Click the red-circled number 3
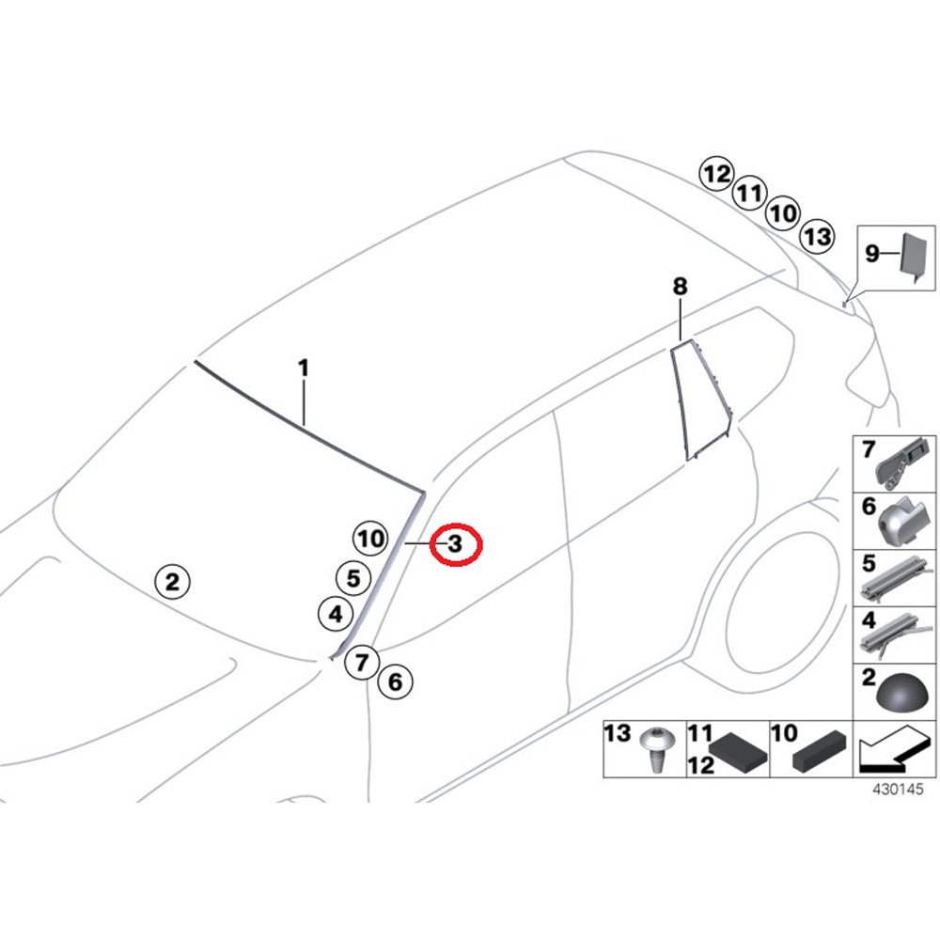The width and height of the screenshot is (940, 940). [456, 543]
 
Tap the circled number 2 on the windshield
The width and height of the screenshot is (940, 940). [171, 582]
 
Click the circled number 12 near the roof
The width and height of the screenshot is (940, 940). [715, 174]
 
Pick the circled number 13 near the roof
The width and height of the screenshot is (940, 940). [818, 236]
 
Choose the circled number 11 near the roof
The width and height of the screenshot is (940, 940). [748, 195]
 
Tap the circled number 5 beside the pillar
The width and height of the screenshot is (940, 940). [352, 578]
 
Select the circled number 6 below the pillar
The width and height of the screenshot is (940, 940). [395, 681]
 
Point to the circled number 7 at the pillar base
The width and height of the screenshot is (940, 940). [361, 662]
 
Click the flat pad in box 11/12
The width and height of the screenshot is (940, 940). [739, 752]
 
